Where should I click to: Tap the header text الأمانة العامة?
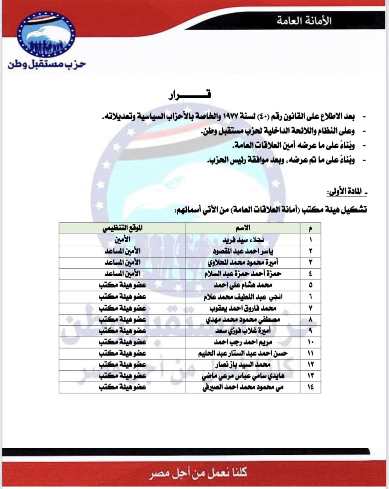click(304, 21)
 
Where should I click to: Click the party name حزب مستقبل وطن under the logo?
click(47, 64)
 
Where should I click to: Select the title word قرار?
click(190, 95)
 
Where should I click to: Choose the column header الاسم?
click(243, 228)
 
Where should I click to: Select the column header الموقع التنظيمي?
click(122, 228)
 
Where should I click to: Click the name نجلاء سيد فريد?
click(243, 240)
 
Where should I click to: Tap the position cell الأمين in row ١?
click(122, 239)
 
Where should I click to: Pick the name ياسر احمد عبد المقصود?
click(243, 251)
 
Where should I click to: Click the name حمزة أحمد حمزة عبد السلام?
click(243, 274)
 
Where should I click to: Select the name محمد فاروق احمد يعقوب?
click(243, 308)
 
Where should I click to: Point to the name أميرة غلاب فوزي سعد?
click(243, 331)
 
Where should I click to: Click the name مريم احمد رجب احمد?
click(243, 342)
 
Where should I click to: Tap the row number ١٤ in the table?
click(310, 387)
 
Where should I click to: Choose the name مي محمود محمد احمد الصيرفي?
click(243, 387)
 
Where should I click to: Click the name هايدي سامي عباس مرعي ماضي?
click(243, 376)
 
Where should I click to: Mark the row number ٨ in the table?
click(310, 319)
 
